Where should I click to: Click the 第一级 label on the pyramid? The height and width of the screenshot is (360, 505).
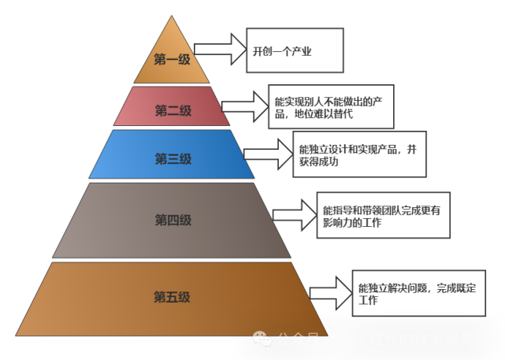click(x=172, y=60)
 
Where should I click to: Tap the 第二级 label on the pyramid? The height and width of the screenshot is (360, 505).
click(x=173, y=110)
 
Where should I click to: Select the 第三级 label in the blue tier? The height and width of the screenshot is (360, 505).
click(x=173, y=158)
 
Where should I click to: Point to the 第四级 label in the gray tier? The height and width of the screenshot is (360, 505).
click(x=173, y=220)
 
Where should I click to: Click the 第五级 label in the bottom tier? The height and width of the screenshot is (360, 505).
click(x=173, y=297)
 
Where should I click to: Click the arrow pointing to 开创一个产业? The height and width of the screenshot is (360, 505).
click(x=219, y=49)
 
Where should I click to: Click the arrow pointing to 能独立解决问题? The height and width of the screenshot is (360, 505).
click(x=330, y=293)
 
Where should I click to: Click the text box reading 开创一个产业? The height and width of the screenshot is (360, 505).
click(x=294, y=50)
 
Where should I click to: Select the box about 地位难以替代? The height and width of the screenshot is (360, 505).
click(x=330, y=108)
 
